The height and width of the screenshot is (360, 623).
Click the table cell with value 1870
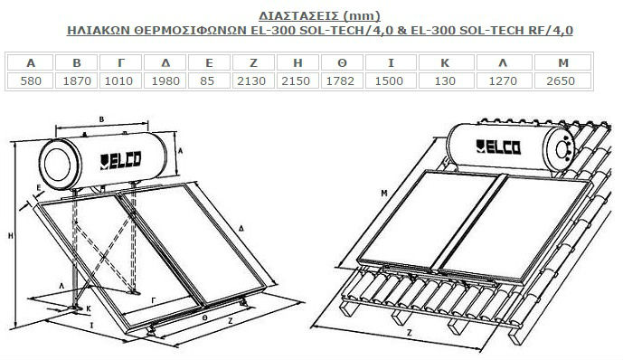77,81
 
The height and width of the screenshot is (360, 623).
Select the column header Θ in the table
342,62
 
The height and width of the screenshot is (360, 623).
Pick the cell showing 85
207,81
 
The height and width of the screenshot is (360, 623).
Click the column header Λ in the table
503,62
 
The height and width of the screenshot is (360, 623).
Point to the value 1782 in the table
340,81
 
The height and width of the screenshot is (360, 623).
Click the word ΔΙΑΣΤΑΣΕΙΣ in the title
298,16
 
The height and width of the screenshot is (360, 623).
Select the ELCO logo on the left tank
120,161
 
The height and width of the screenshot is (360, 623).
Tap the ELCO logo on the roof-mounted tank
498,147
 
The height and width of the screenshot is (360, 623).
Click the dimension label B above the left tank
101,119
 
